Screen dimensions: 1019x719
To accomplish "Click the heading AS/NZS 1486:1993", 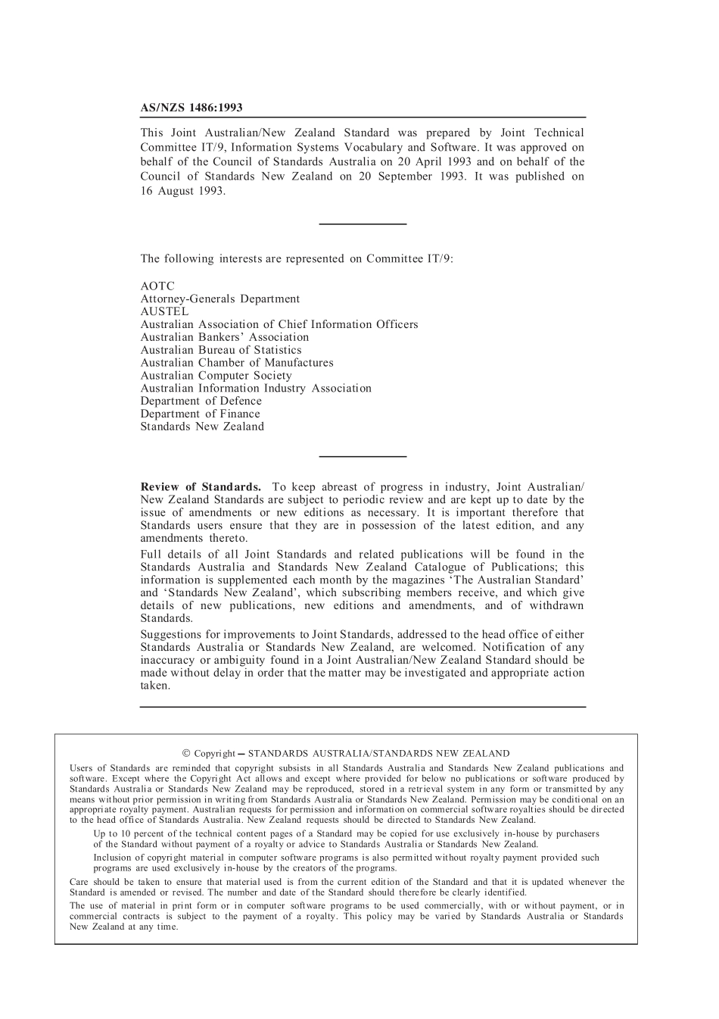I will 191,108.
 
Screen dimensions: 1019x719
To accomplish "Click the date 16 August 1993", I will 182,191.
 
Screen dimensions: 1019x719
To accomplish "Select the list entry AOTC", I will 157,286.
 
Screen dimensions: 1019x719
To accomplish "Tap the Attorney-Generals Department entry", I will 219,299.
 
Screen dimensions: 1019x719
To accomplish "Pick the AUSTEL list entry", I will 164,311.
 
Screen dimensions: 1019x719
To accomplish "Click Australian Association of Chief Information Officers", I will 279,324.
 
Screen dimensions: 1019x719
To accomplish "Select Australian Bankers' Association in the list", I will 224,337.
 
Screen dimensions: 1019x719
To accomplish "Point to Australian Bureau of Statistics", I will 220,350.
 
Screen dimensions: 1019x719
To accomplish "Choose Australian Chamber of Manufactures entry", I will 236,363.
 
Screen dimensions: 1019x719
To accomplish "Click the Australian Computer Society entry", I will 216,376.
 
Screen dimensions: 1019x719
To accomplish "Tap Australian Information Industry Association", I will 256,389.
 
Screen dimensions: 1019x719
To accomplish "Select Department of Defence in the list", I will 201,402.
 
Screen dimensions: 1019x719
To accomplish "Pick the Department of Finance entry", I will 200,414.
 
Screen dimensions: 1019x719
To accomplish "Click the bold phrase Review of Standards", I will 201,487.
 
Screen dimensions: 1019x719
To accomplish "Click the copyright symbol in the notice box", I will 186,754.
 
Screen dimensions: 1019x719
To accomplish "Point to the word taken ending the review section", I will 155,686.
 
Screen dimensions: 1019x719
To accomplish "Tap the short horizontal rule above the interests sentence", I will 363,224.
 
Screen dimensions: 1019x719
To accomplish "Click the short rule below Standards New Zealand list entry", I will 363,456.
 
